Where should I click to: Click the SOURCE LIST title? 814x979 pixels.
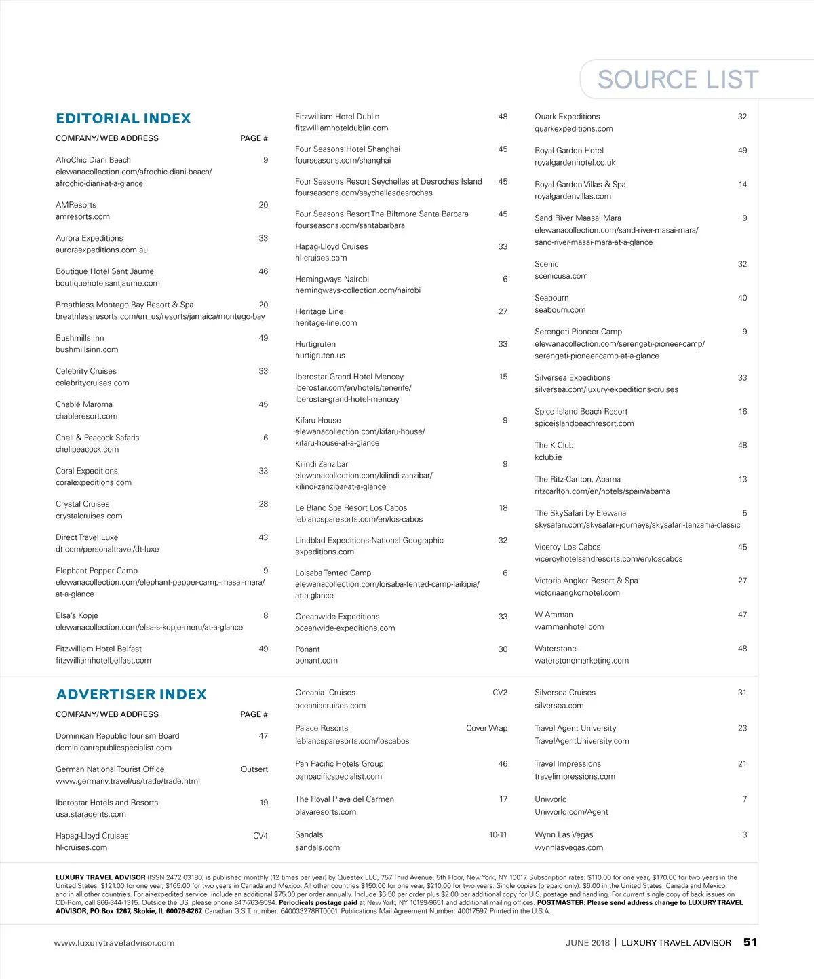point(678,79)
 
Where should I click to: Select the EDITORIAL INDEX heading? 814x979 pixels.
point(123,119)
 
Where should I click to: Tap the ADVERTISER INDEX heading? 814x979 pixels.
point(131,695)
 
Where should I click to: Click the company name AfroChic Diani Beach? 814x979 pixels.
point(93,160)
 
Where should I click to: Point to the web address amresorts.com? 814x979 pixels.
point(83,217)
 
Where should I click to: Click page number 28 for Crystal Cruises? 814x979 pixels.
point(263,504)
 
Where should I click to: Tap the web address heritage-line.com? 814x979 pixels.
point(326,323)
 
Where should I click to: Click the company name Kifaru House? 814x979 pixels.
point(317,421)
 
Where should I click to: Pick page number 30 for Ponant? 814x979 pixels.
point(503,649)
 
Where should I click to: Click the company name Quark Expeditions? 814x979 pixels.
point(567,117)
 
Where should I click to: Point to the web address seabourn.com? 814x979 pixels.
point(560,310)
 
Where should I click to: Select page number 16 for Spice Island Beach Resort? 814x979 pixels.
point(743,412)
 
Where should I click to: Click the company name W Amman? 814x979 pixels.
point(554,615)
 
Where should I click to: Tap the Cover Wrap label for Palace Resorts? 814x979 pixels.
point(486,729)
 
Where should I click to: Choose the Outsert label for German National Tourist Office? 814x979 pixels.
point(254,769)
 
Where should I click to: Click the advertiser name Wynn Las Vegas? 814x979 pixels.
point(564,835)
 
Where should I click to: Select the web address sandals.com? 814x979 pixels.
point(317,848)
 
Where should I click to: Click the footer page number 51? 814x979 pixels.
point(750,942)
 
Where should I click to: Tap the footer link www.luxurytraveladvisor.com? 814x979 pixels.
point(114,943)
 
